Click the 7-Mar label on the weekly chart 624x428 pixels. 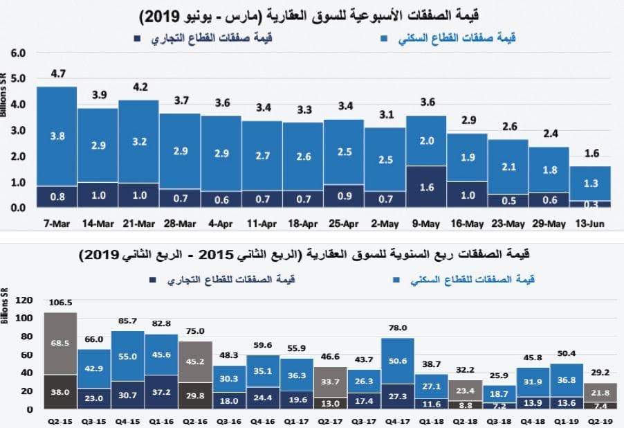[x=57, y=224]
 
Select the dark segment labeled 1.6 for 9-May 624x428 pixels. [x=427, y=187]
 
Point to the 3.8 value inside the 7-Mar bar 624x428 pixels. [x=58, y=136]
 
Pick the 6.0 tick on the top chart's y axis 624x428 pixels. [x=18, y=53]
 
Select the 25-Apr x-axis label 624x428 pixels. [x=345, y=224]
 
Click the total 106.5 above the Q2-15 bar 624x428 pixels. [x=61, y=303]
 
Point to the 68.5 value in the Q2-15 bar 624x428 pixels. [x=61, y=343]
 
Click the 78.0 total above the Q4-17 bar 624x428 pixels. [x=398, y=328]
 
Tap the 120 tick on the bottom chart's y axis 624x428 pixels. [x=24, y=301]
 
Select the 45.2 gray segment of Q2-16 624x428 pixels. [x=196, y=361]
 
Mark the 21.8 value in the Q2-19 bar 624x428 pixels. [x=600, y=393]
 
